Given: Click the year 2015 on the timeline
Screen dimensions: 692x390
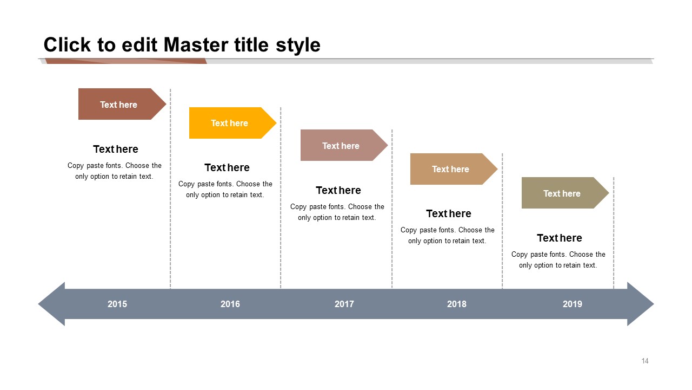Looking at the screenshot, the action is pyautogui.click(x=117, y=304).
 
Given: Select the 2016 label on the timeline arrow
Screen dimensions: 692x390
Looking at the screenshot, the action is pyautogui.click(x=230, y=304).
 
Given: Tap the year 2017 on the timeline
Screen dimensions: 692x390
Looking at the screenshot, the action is pyautogui.click(x=344, y=304).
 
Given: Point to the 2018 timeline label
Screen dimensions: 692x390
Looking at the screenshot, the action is pyautogui.click(x=457, y=304).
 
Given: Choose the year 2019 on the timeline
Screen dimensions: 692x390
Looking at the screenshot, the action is pyautogui.click(x=572, y=304).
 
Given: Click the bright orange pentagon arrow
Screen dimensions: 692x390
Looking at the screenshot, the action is pyautogui.click(x=232, y=123).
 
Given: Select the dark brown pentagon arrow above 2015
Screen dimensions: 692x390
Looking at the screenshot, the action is pyautogui.click(x=122, y=104).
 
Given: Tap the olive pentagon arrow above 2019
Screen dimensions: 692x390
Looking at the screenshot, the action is pyautogui.click(x=565, y=193).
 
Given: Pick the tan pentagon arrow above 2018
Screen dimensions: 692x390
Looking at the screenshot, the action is pyautogui.click(x=454, y=169).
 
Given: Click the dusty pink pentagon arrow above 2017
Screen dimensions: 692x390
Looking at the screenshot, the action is pyautogui.click(x=344, y=145).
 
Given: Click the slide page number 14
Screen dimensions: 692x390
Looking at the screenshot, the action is pyautogui.click(x=645, y=361).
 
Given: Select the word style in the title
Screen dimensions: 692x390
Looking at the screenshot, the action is pyautogui.click(x=298, y=45).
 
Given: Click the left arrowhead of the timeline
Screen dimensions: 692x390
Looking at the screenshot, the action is pyautogui.click(x=52, y=304).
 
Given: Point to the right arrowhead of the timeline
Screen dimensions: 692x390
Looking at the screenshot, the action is pyautogui.click(x=640, y=304).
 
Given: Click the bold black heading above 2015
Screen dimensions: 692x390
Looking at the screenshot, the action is pyautogui.click(x=116, y=149).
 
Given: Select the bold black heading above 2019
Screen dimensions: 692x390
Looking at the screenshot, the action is pyautogui.click(x=559, y=238).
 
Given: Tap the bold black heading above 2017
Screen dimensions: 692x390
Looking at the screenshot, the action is pyautogui.click(x=338, y=190).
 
